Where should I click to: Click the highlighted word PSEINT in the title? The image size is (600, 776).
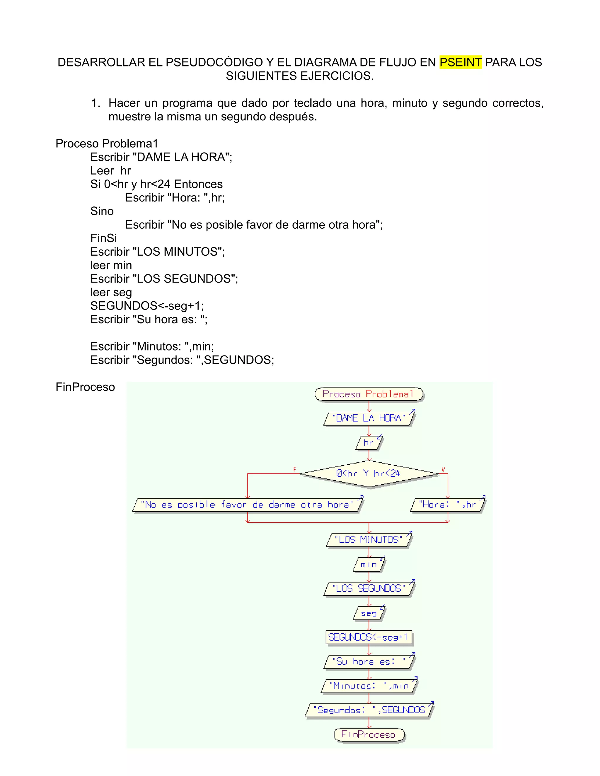(460, 62)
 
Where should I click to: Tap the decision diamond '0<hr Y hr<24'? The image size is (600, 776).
(369, 473)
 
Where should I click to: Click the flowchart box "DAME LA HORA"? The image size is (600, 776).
(369, 418)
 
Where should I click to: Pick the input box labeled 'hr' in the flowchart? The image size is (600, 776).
(369, 443)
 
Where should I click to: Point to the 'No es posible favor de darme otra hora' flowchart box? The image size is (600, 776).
(247, 505)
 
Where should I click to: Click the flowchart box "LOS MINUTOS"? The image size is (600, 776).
(369, 540)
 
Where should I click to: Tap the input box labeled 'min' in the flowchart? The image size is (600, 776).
(369, 565)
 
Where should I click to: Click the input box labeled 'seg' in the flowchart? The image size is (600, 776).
(369, 613)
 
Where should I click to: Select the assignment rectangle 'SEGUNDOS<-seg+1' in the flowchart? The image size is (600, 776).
(369, 637)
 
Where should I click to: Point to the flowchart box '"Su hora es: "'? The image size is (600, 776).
(369, 662)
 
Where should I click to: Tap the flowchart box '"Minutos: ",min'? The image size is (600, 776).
(369, 686)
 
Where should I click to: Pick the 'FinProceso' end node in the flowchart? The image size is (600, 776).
(369, 734)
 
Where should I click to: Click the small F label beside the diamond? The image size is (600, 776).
(294, 469)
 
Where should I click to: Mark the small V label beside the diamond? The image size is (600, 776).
(443, 469)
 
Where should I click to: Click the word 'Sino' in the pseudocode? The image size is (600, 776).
(102, 211)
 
